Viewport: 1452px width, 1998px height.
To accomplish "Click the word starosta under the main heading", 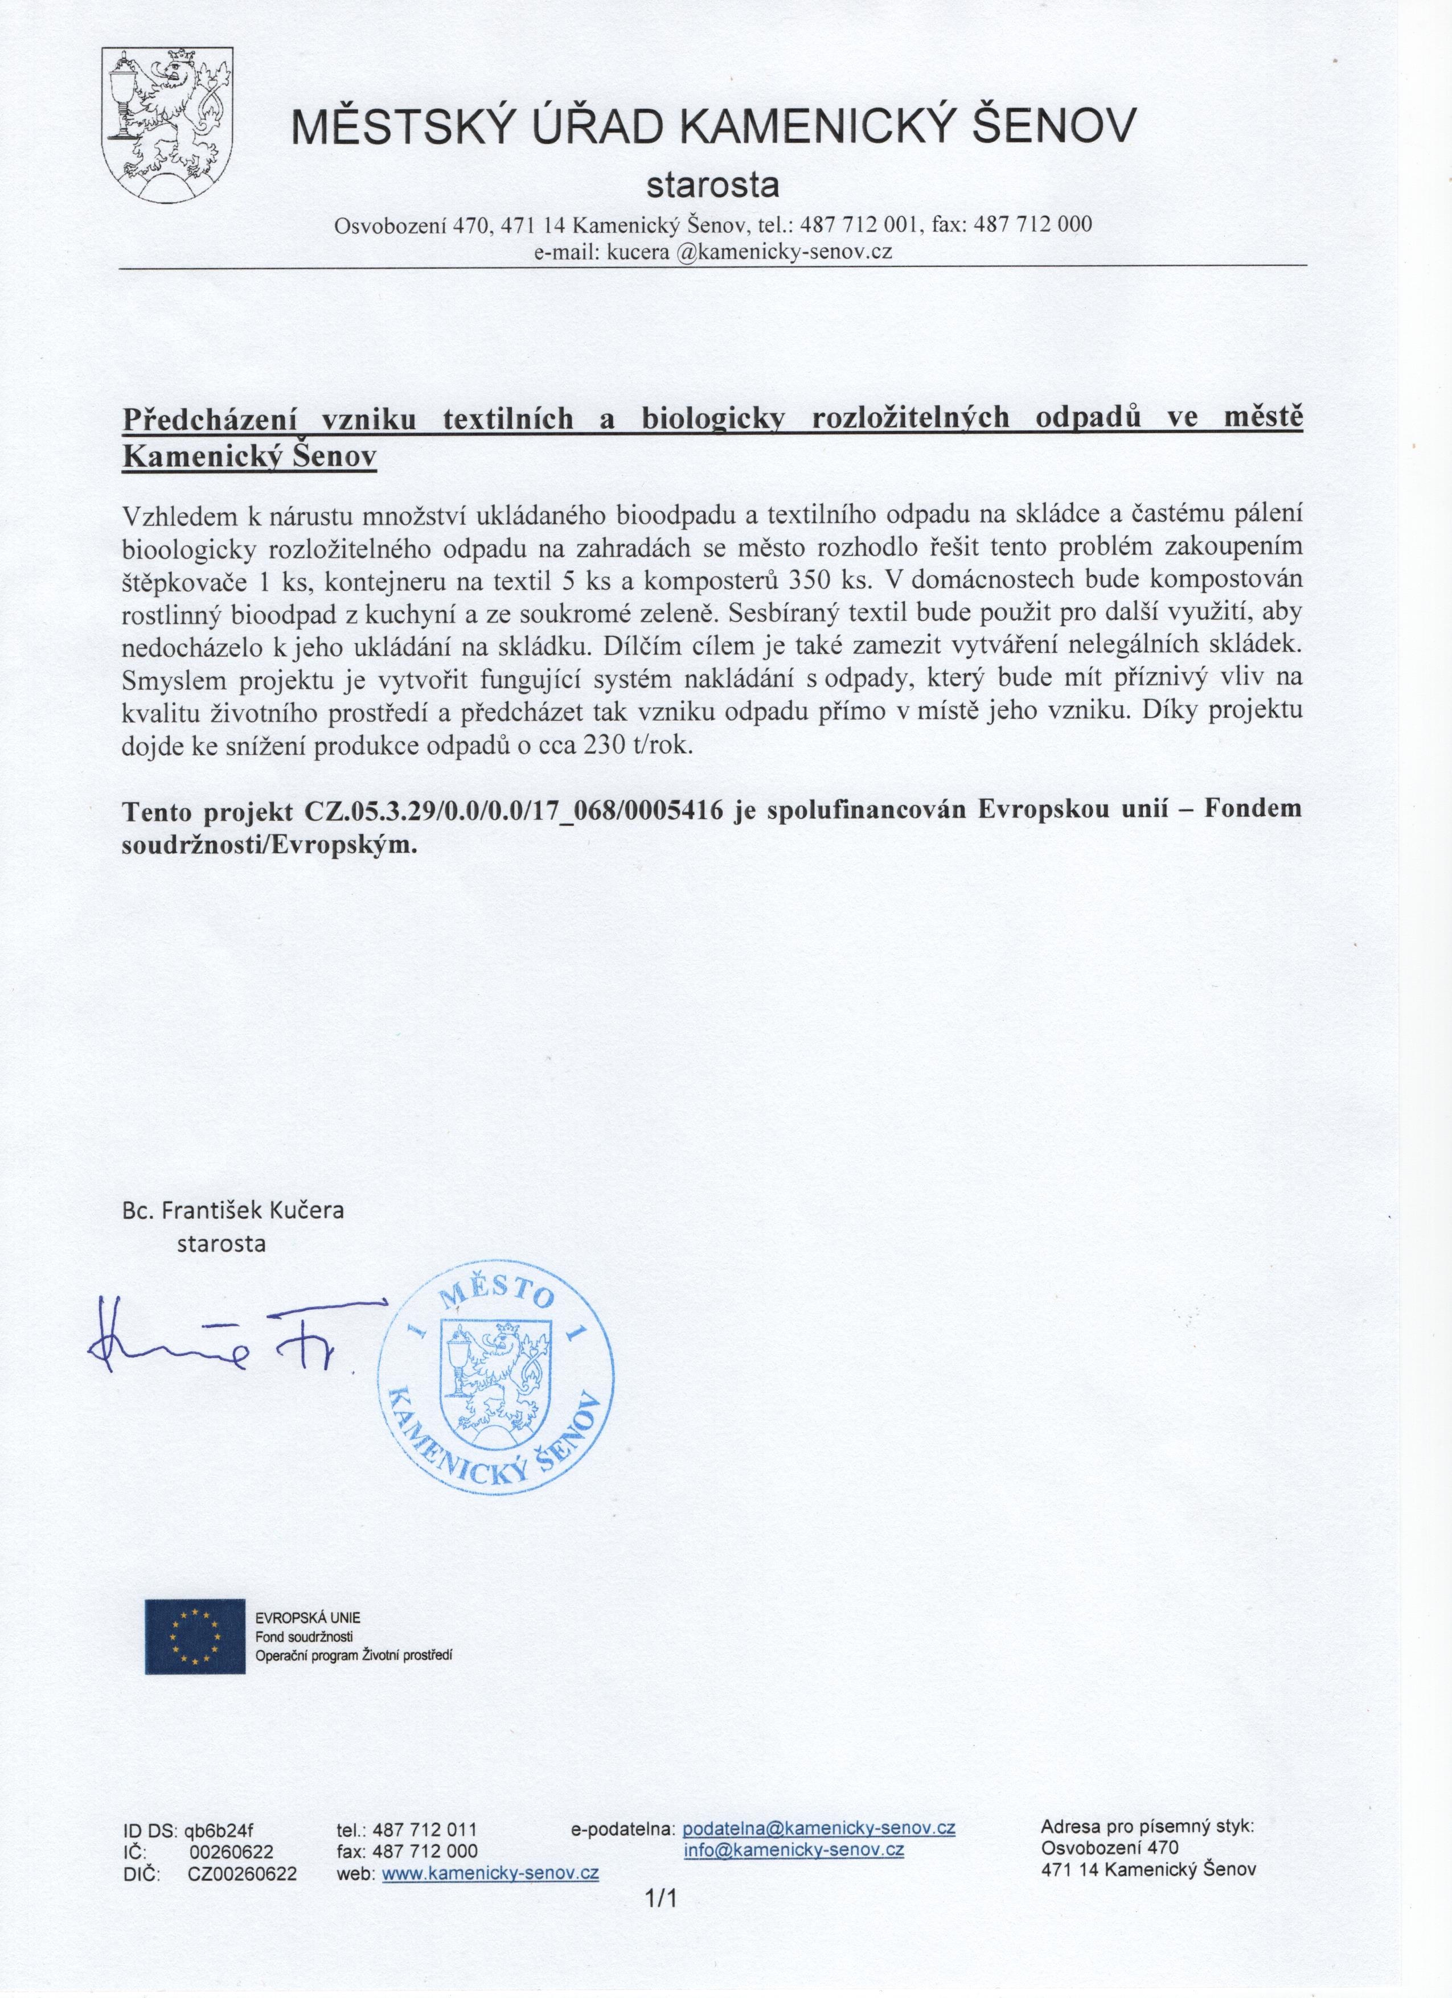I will pyautogui.click(x=713, y=185).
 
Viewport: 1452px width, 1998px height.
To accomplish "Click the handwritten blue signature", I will pyautogui.click(x=220, y=1337).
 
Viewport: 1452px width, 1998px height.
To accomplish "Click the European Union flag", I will pyautogui.click(x=195, y=1636).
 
